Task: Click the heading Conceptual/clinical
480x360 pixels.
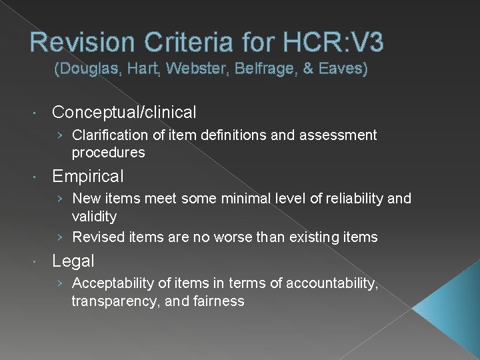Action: tap(124, 112)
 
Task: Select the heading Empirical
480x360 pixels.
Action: tap(88, 177)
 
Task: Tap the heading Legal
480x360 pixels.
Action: tap(73, 261)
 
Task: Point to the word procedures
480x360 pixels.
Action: tap(108, 153)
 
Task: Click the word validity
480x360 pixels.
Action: tap(94, 217)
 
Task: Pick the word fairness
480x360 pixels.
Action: tap(219, 301)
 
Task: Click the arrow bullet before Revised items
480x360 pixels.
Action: tap(61, 237)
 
